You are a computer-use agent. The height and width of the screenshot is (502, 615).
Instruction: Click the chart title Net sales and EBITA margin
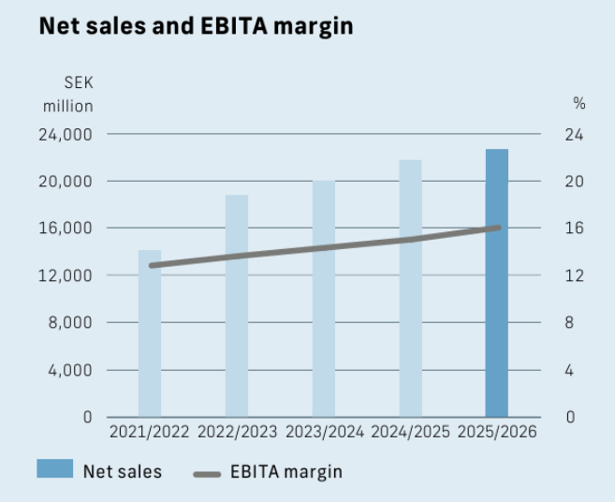[x=197, y=26]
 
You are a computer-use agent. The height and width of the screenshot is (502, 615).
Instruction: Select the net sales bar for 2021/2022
[x=150, y=333]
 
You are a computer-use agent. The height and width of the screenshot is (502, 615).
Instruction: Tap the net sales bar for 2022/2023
[x=237, y=305]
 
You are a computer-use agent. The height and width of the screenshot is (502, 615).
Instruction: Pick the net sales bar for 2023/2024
[x=324, y=298]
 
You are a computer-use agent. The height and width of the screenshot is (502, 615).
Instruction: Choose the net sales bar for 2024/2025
[x=411, y=288]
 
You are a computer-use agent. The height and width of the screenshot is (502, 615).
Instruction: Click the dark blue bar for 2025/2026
[x=497, y=283]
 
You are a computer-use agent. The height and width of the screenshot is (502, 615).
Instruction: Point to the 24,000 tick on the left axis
[x=66, y=135]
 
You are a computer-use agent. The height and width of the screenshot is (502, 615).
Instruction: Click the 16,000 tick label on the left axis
[x=66, y=228]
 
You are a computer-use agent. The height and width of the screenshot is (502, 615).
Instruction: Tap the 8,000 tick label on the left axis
[x=70, y=322]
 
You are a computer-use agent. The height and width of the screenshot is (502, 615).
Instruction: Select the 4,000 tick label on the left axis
[x=70, y=370]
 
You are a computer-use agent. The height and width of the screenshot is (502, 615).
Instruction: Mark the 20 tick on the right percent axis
[x=574, y=182]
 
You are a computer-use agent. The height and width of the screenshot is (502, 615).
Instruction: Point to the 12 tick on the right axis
[x=574, y=276]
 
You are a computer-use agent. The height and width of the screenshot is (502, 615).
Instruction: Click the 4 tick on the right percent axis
[x=569, y=370]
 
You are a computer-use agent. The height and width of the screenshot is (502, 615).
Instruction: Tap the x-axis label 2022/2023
[x=237, y=432]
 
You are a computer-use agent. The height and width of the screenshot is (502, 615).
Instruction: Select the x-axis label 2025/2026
[x=497, y=432]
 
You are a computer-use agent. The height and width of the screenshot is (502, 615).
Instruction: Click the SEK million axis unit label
[x=68, y=95]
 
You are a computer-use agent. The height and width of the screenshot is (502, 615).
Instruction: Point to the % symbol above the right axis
[x=579, y=103]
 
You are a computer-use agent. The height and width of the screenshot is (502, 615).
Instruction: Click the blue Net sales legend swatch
[x=55, y=468]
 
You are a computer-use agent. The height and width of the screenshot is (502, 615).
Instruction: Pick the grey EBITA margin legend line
[x=207, y=475]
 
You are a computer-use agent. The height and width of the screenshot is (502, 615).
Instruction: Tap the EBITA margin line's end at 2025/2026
[x=499, y=228]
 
